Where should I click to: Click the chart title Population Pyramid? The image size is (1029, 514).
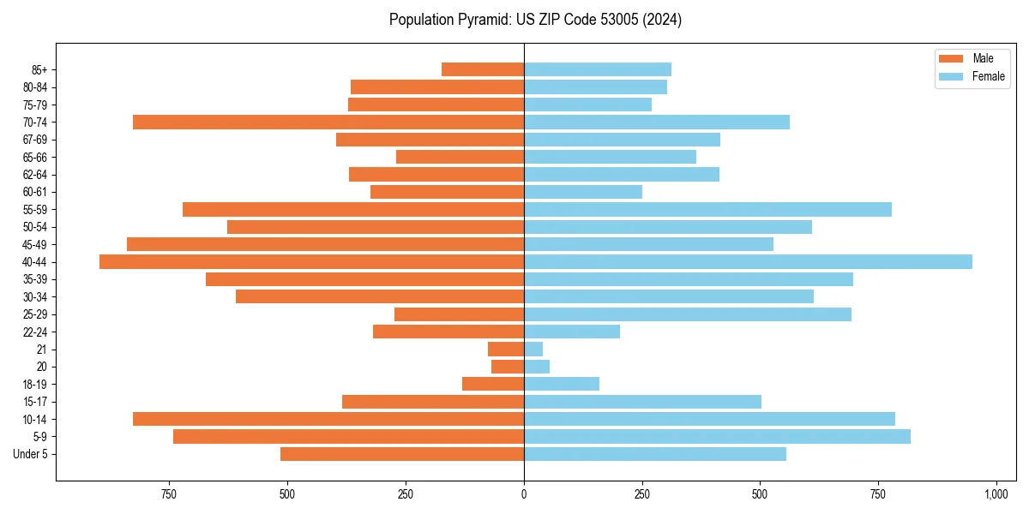535,20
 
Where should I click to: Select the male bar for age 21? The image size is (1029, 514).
506,349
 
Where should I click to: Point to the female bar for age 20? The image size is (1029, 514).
537,367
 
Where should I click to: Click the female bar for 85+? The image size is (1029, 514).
598,69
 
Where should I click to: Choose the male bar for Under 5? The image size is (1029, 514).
402,454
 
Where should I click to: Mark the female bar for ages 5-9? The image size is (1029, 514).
717,436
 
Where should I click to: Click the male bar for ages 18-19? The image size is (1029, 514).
493,384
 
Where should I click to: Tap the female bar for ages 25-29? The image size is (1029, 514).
688,314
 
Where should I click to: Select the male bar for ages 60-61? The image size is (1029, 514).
447,192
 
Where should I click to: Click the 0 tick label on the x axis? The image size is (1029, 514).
524,494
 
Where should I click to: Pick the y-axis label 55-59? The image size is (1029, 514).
35,209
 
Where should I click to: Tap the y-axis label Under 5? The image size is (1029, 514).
30,454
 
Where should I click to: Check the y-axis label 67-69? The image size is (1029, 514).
35,140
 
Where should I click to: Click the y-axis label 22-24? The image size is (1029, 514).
35,332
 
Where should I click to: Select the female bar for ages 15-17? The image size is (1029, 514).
642,402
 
